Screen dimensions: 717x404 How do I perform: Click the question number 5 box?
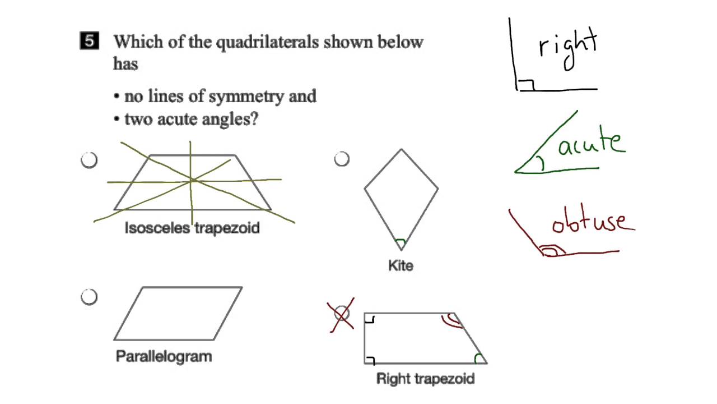[90, 42]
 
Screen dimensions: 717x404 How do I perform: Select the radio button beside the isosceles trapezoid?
[89, 160]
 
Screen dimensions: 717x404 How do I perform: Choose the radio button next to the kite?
[342, 159]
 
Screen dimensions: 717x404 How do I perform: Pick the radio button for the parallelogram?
[89, 297]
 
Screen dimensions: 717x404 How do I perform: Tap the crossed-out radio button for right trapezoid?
[342, 314]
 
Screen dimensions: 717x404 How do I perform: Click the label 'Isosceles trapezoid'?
[192, 228]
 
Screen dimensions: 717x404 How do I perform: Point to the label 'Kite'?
[401, 265]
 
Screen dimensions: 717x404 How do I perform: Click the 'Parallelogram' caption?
[164, 356]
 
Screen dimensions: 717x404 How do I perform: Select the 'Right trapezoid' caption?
[425, 379]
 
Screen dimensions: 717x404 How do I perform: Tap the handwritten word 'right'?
[568, 47]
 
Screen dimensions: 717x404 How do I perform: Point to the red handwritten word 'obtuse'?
[593, 222]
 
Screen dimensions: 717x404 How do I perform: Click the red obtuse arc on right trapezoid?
[451, 320]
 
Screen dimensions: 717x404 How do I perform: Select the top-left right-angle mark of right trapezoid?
[370, 319]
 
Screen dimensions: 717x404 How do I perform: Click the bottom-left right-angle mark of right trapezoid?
[370, 359]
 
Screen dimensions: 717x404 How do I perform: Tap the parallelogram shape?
[178, 314]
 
